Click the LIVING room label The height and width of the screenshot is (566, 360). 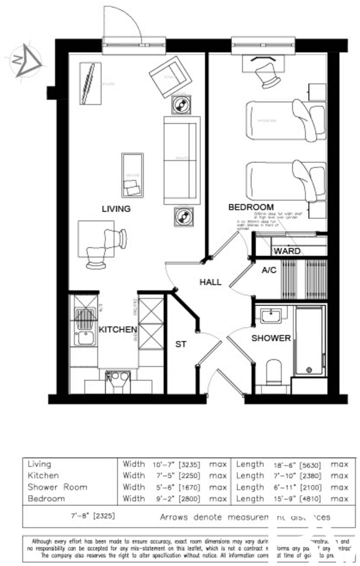pyautogui.click(x=116, y=209)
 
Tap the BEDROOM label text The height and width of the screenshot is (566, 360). pyautogui.click(x=251, y=207)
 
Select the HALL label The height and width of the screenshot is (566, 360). pyautogui.click(x=210, y=282)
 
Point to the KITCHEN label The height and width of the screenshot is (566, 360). pyautogui.click(x=118, y=330)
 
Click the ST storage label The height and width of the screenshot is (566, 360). pyautogui.click(x=181, y=344)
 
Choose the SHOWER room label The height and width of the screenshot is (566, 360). pyautogui.click(x=271, y=338)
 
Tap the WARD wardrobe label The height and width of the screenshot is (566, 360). pyautogui.click(x=287, y=251)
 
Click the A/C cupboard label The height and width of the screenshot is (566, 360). pyautogui.click(x=269, y=270)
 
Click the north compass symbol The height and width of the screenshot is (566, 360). pyautogui.click(x=26, y=61)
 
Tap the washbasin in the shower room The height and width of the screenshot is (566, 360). pyautogui.click(x=270, y=315)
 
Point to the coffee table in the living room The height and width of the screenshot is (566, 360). pyautogui.click(x=132, y=175)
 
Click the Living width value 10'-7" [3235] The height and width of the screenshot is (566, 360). pyautogui.click(x=176, y=464)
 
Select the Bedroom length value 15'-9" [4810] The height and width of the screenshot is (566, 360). pyautogui.click(x=297, y=499)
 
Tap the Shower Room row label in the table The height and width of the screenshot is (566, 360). pyautogui.click(x=57, y=487)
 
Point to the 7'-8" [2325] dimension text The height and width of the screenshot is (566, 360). pyautogui.click(x=93, y=516)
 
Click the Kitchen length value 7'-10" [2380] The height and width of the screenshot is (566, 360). pyautogui.click(x=297, y=476)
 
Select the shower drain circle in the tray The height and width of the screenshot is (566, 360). pyautogui.click(x=309, y=370)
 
